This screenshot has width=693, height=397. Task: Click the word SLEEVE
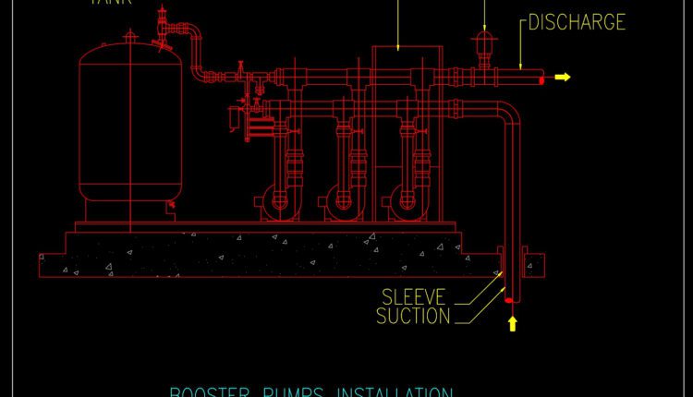click(x=414, y=296)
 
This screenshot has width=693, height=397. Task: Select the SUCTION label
click(x=414, y=317)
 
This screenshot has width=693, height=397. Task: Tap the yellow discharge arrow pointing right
click(x=562, y=78)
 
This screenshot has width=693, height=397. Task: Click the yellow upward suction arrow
click(x=511, y=323)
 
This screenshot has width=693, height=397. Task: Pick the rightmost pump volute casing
click(x=404, y=199)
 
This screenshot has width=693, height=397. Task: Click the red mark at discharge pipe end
click(x=541, y=79)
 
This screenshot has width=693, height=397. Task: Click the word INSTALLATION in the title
click(x=397, y=392)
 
